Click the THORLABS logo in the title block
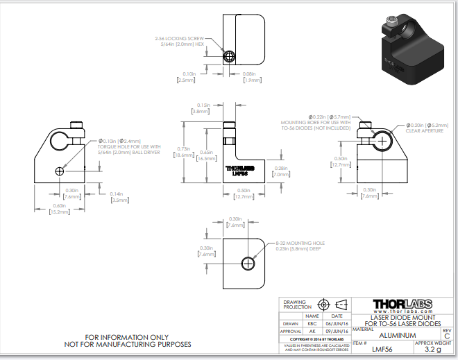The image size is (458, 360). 402,305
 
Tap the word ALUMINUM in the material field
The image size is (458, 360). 396,335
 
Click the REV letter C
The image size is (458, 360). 446,336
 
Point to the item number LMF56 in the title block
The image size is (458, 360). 382,350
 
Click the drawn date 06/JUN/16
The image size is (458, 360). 337,323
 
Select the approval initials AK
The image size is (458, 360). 312,332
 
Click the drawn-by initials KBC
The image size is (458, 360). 312,323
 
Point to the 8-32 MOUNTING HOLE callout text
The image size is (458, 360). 300,243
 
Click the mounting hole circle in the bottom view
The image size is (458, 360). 248,263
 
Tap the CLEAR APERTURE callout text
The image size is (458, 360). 423,130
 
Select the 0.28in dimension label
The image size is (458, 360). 281,169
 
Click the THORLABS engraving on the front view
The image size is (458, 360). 240,168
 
